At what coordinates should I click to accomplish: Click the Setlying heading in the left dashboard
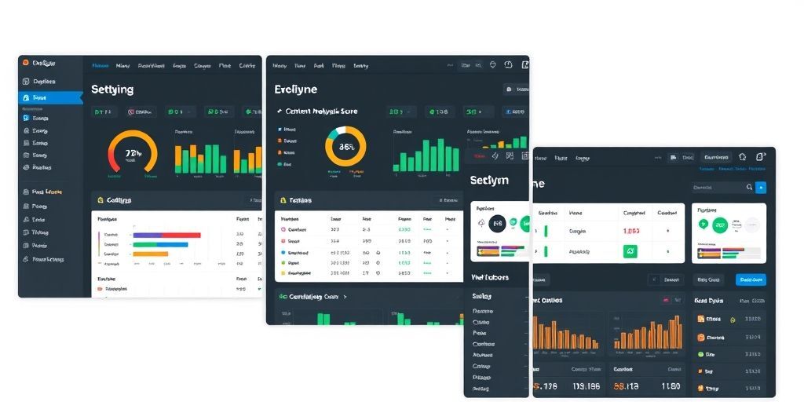(x=112, y=90)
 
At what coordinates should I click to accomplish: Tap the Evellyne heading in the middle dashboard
(x=296, y=90)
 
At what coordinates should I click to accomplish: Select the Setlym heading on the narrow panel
(x=488, y=180)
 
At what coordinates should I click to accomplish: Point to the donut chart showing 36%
(x=345, y=146)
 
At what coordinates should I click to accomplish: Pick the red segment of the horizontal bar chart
(x=181, y=234)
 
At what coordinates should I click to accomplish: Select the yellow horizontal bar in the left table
(x=150, y=254)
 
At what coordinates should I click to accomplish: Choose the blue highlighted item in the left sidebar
(x=50, y=98)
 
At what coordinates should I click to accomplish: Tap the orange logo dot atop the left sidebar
(x=25, y=63)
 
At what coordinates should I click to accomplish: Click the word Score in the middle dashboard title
(x=349, y=111)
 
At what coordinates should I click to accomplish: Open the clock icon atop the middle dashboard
(x=507, y=65)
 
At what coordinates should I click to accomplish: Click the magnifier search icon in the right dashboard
(x=749, y=188)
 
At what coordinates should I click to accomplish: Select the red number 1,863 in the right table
(x=630, y=231)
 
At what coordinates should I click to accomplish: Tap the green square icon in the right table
(x=630, y=251)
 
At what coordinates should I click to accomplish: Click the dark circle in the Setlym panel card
(x=497, y=225)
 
